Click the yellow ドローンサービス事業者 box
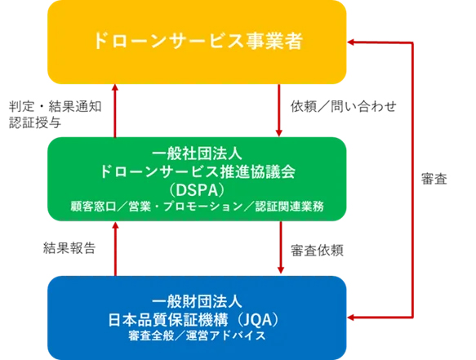(x=197, y=42)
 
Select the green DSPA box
(x=197, y=179)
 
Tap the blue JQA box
(x=197, y=318)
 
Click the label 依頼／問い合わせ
(x=344, y=107)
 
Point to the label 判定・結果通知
(x=56, y=107)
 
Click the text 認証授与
(x=35, y=122)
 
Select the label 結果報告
(x=69, y=247)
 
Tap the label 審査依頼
(x=317, y=251)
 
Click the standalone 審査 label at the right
(x=434, y=179)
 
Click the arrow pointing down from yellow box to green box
(x=279, y=110)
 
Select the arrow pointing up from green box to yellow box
(x=115, y=111)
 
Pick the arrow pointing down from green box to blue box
(x=281, y=247)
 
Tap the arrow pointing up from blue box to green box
(x=115, y=249)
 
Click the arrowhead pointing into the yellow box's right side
(x=350, y=42)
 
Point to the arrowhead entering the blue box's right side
(x=350, y=318)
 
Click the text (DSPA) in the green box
(x=197, y=190)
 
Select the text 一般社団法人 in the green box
(x=197, y=153)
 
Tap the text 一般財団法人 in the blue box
(x=197, y=302)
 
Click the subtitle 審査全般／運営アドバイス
(x=197, y=336)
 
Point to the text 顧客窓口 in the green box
(x=94, y=207)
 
